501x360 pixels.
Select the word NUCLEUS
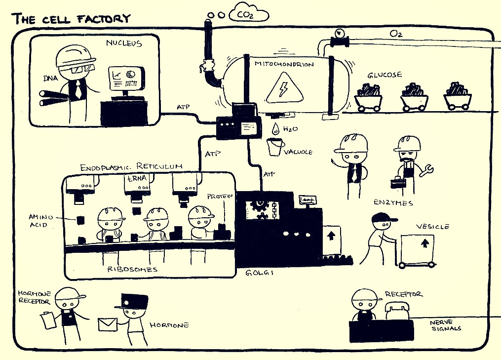(124, 43)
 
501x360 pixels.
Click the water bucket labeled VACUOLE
(275, 147)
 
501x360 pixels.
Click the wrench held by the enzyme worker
(425, 171)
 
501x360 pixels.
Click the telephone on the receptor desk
(397, 312)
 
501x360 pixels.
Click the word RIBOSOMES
(132, 270)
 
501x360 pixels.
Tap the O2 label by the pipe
(395, 34)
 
